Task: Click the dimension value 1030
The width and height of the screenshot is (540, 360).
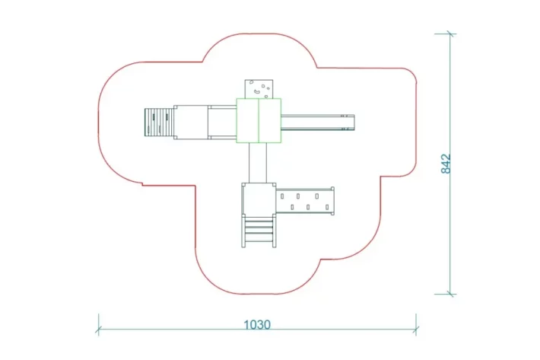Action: [257, 324]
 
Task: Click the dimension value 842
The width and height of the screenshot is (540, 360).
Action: [446, 164]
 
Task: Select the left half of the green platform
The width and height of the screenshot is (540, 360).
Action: [247, 121]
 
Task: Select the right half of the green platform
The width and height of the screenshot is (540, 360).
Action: [271, 121]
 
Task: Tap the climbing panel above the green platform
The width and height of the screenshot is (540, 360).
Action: [259, 89]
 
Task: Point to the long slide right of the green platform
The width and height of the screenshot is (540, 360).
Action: [316, 121]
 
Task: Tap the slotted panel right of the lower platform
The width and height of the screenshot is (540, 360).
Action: [305, 201]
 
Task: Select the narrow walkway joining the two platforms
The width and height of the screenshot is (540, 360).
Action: [259, 163]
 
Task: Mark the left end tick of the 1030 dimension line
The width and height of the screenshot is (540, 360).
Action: [98, 330]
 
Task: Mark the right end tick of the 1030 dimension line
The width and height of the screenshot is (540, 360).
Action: [416, 330]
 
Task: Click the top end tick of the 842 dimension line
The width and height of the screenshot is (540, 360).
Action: [450, 33]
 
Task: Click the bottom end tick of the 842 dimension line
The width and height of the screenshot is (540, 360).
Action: [450, 293]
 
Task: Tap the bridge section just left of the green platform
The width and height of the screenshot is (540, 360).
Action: [222, 122]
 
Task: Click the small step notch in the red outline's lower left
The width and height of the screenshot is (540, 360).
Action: [141, 183]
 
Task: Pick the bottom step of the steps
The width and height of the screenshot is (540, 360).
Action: [259, 239]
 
